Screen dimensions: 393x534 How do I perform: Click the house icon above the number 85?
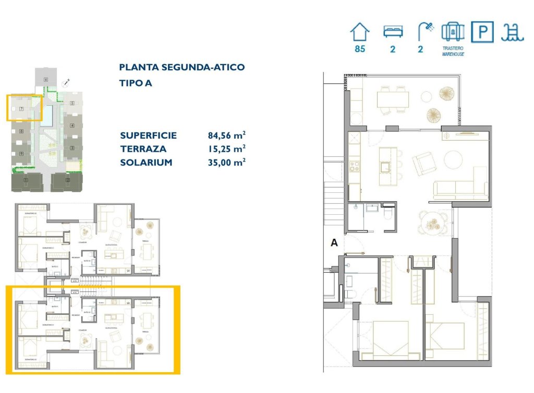[359, 32]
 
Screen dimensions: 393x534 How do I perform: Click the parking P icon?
[482, 32]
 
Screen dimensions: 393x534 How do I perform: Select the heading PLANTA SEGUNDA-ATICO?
[182, 67]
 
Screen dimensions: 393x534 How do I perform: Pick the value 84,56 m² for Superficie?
[226, 136]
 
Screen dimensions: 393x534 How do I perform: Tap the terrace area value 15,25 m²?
[226, 149]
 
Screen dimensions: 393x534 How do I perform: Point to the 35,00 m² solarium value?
[226, 163]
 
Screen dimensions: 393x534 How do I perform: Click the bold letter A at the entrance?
[334, 242]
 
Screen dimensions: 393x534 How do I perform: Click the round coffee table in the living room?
[453, 159]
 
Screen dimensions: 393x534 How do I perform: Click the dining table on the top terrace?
[393, 98]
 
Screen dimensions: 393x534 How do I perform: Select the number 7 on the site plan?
[21, 109]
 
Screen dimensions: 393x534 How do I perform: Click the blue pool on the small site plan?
[47, 115]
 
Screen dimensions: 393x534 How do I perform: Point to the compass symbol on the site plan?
[66, 82]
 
